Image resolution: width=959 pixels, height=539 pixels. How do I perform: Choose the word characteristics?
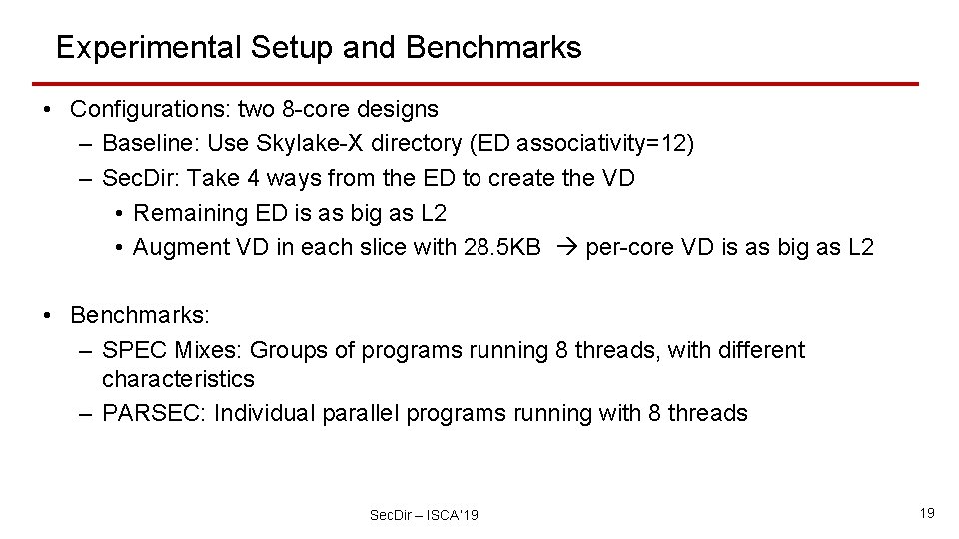tap(178, 379)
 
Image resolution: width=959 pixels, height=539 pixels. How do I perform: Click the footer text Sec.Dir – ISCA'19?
tap(424, 515)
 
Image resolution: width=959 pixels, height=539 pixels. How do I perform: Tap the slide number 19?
tap(926, 513)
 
